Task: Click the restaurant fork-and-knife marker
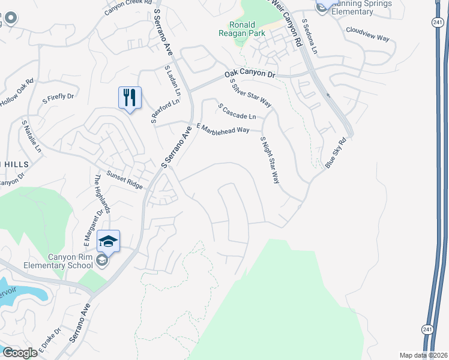tap(130, 98)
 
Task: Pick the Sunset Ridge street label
tap(125, 181)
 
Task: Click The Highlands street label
tap(101, 194)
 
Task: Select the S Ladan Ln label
tap(172, 82)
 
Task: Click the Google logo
tap(19, 353)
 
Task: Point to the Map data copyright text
tap(423, 355)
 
